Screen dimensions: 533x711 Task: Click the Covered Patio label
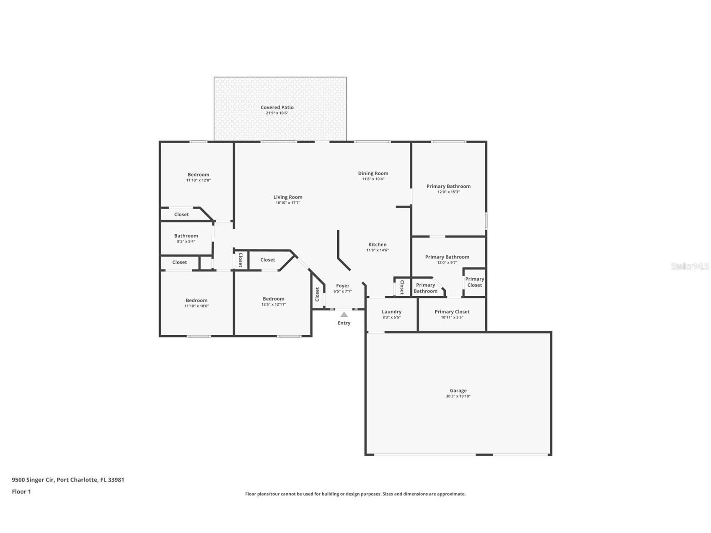pos(277,108)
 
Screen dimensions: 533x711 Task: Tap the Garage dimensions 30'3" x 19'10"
pos(458,396)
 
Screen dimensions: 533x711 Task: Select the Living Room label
pos(288,197)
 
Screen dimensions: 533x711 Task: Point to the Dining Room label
pos(373,173)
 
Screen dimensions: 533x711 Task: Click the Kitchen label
pos(377,245)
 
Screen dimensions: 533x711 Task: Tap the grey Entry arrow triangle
pos(344,315)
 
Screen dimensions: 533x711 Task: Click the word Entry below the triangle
pos(344,323)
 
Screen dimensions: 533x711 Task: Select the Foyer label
pos(342,286)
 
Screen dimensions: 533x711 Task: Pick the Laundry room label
pos(391,312)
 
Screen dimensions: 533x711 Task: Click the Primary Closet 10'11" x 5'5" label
pos(452,312)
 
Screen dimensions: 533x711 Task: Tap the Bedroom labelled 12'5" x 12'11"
pos(273,299)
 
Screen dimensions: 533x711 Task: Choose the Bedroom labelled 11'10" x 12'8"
pos(198,175)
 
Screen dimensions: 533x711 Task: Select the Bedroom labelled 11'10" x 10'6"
pos(196,300)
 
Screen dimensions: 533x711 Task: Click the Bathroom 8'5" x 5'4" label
pos(186,236)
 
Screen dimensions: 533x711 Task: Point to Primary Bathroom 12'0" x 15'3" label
pos(448,186)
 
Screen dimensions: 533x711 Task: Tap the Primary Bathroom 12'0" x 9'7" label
pos(447,257)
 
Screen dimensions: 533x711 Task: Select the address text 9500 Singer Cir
pos(33,480)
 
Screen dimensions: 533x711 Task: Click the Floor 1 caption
pos(21,492)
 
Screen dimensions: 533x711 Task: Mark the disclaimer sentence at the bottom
pos(355,494)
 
